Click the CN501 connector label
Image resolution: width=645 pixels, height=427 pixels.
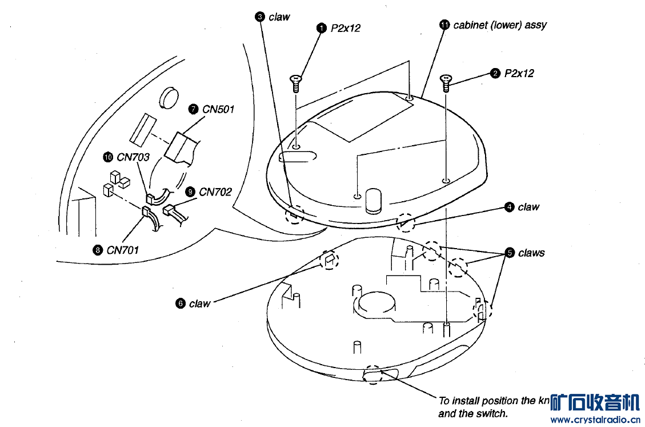(218, 109)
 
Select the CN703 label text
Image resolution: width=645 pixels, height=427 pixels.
(133, 157)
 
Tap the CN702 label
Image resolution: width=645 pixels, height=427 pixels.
(215, 192)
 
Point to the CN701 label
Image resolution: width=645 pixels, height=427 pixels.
(122, 250)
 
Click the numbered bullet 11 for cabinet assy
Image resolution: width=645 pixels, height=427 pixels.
(444, 25)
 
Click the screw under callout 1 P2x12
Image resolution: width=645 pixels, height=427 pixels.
(295, 83)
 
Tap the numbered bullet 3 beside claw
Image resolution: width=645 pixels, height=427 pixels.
(260, 17)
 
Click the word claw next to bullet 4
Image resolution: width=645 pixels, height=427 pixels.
(528, 207)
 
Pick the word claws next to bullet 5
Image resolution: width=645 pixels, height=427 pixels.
(531, 253)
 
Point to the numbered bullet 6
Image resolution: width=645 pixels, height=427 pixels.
(181, 304)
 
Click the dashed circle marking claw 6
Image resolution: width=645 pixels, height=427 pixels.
(329, 261)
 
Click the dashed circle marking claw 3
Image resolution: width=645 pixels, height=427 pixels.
(294, 215)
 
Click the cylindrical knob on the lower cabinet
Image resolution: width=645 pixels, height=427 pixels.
(374, 200)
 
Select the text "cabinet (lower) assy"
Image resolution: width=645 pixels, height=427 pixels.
(500, 25)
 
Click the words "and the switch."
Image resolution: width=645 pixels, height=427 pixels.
(473, 414)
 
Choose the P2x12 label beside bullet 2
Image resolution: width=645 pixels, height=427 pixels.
(519, 73)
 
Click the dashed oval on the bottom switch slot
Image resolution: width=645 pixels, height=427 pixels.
(375, 374)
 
